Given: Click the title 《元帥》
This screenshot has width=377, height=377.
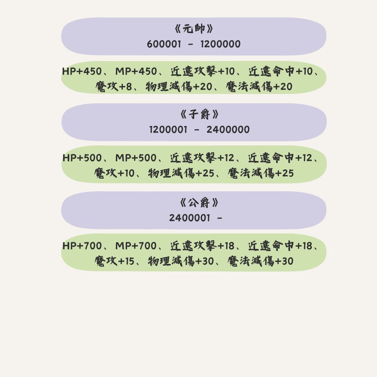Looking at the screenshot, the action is click(x=194, y=29).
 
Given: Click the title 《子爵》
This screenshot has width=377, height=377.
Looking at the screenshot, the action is click(x=200, y=114).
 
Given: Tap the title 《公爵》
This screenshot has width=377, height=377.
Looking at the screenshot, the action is click(x=199, y=203).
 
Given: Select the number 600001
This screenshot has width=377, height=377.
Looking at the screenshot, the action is click(x=164, y=44).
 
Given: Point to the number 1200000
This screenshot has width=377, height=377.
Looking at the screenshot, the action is click(x=220, y=44).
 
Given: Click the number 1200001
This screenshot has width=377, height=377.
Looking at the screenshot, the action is click(x=168, y=130).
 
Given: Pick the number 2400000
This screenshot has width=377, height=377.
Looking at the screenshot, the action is click(x=228, y=130).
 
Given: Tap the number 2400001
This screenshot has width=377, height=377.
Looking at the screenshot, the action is click(x=190, y=218).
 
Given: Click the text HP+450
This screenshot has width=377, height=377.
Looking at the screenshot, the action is click(x=82, y=72).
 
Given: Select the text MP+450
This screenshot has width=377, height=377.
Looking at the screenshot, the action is click(x=136, y=72).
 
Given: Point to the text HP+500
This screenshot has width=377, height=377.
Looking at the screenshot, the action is click(x=82, y=158).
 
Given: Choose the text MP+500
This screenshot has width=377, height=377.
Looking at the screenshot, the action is click(x=136, y=158).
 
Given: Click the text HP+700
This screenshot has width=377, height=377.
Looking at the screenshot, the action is click(x=82, y=246).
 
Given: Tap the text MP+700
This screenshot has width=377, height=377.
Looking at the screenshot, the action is click(x=136, y=246).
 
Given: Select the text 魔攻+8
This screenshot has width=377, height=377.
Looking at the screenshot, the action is click(x=113, y=87).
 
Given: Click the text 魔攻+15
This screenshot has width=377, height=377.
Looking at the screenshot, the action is click(x=114, y=261).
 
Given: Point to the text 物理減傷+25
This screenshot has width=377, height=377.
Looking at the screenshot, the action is click(x=181, y=173).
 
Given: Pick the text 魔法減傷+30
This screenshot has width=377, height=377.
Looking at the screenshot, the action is click(x=260, y=261).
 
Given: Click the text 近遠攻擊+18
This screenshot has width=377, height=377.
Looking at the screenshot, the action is click(x=202, y=246).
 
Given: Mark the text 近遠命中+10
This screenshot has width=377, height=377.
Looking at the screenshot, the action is click(x=281, y=72).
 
